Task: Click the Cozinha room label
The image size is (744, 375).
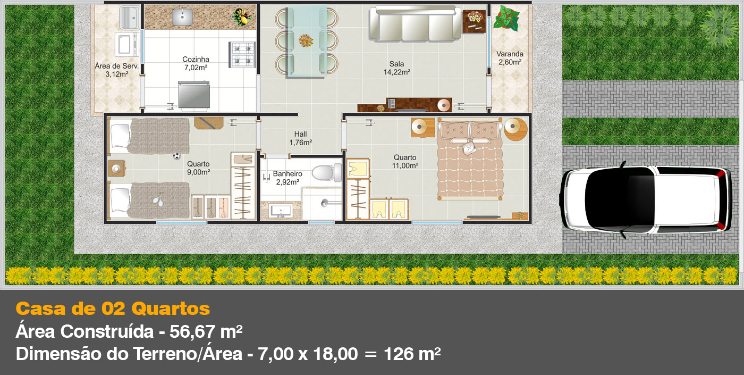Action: tap(196, 60)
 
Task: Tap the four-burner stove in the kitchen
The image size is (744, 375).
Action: tap(242, 54)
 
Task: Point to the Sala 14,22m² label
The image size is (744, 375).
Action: tap(397, 68)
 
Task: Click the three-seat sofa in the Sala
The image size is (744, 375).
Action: tap(415, 24)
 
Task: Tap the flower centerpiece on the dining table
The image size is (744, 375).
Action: tap(306, 41)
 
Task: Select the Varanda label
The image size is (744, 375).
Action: tap(510, 54)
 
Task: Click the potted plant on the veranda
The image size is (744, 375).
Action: tap(506, 18)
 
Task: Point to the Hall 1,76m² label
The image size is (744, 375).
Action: tap(301, 138)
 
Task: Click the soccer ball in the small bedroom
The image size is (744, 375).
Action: tap(176, 156)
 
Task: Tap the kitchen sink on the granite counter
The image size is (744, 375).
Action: tap(182, 17)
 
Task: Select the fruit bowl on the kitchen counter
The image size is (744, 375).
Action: tap(242, 16)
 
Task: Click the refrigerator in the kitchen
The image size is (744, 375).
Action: tap(194, 95)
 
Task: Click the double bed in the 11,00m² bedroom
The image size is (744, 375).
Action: tap(470, 159)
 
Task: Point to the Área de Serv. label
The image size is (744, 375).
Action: tap(116, 66)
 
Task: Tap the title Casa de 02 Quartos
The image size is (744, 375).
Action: tap(113, 309)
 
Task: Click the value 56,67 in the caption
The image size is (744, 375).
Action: tap(192, 331)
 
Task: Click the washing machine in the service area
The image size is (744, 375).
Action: tap(126, 44)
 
